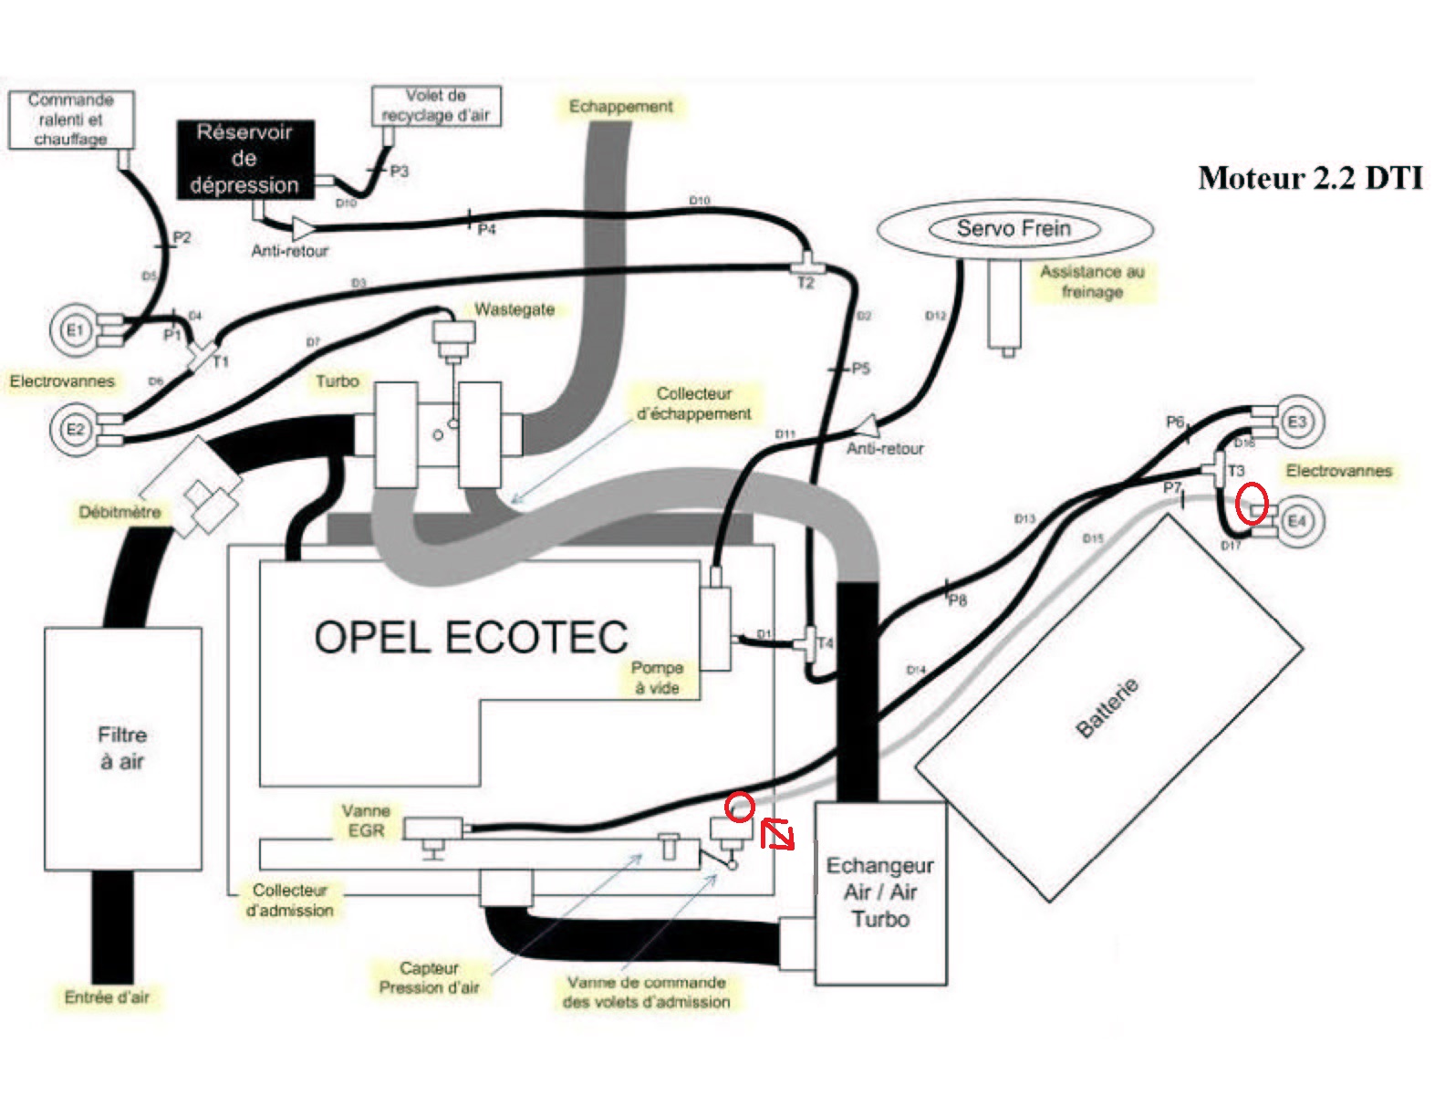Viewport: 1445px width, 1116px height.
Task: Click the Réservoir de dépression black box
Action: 244,159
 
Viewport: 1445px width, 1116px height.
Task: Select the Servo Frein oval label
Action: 1014,229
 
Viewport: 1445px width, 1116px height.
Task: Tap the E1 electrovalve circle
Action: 74,330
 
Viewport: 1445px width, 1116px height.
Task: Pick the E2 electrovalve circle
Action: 74,429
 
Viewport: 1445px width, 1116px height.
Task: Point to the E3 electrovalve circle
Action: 1296,422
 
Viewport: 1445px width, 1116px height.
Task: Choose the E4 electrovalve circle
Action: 1295,521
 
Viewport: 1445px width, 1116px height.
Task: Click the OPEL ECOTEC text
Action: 471,637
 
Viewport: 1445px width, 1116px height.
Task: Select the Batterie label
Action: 1107,708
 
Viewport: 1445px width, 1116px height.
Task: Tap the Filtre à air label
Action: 121,748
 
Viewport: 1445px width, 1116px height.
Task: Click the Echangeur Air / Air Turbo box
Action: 879,892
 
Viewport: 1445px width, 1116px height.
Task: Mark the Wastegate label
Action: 515,310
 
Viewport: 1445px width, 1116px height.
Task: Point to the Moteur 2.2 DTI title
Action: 1310,178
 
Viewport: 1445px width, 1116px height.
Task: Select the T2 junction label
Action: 806,284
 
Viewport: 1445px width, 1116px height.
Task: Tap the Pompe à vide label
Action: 657,678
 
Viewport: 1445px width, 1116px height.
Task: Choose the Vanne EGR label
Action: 366,820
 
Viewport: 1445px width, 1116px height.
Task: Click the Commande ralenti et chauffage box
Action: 71,120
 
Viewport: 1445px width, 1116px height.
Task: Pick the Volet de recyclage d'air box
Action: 436,106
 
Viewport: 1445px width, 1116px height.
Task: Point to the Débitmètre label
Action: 120,513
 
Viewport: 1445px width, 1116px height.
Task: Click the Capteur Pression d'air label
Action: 429,977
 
